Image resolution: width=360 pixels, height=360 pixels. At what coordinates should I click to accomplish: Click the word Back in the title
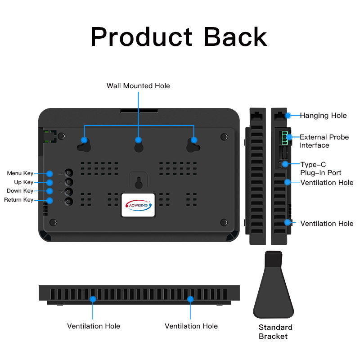(x=235, y=37)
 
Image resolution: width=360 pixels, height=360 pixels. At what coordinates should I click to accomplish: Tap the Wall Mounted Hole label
(x=138, y=85)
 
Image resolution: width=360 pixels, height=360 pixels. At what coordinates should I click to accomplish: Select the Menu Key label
(x=20, y=173)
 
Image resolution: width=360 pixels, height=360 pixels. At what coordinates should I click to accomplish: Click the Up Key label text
(x=23, y=182)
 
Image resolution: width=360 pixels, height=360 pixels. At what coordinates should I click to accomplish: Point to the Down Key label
(x=20, y=191)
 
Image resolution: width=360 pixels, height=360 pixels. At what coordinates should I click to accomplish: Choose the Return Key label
(x=19, y=200)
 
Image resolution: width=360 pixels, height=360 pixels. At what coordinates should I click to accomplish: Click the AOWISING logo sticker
(x=138, y=205)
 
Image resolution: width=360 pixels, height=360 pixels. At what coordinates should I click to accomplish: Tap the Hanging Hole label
(x=323, y=116)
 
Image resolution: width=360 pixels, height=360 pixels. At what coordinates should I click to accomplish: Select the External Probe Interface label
(x=324, y=141)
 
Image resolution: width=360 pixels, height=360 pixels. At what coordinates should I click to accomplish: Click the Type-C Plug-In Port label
(x=321, y=169)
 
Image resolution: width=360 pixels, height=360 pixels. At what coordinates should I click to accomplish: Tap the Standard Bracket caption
(x=275, y=332)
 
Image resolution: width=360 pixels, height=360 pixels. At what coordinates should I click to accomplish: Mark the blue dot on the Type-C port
(x=285, y=164)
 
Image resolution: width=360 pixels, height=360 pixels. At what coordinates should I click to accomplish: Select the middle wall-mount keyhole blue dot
(x=138, y=140)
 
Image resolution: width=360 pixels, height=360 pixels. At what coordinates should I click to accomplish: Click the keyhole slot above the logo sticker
(x=138, y=182)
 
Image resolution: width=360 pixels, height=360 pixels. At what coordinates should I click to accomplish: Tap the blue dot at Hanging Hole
(x=288, y=115)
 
